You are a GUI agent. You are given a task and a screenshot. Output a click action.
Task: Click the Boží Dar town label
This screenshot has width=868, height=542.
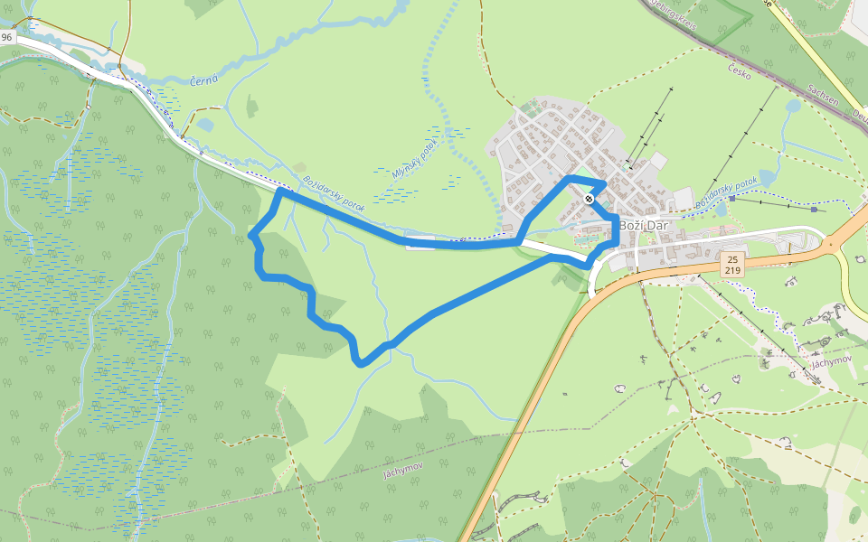[643, 226]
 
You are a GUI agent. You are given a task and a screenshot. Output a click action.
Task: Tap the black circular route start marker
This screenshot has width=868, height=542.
[589, 199]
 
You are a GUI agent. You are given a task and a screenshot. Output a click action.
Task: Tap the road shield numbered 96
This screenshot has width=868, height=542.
[7, 37]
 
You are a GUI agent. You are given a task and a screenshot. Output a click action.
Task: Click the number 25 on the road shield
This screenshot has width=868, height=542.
[732, 259]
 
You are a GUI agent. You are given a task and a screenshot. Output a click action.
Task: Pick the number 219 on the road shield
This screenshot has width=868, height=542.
[732, 270]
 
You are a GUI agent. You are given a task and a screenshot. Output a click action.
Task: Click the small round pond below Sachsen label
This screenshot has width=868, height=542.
[793, 107]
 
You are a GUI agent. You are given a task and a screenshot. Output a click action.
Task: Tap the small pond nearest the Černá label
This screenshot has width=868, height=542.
[205, 125]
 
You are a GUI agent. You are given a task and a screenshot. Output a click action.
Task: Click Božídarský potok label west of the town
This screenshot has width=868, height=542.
[334, 193]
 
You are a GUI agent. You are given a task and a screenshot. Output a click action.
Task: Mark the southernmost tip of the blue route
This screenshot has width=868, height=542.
[362, 364]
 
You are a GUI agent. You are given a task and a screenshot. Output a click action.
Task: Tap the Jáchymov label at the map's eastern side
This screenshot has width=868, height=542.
[833, 362]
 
